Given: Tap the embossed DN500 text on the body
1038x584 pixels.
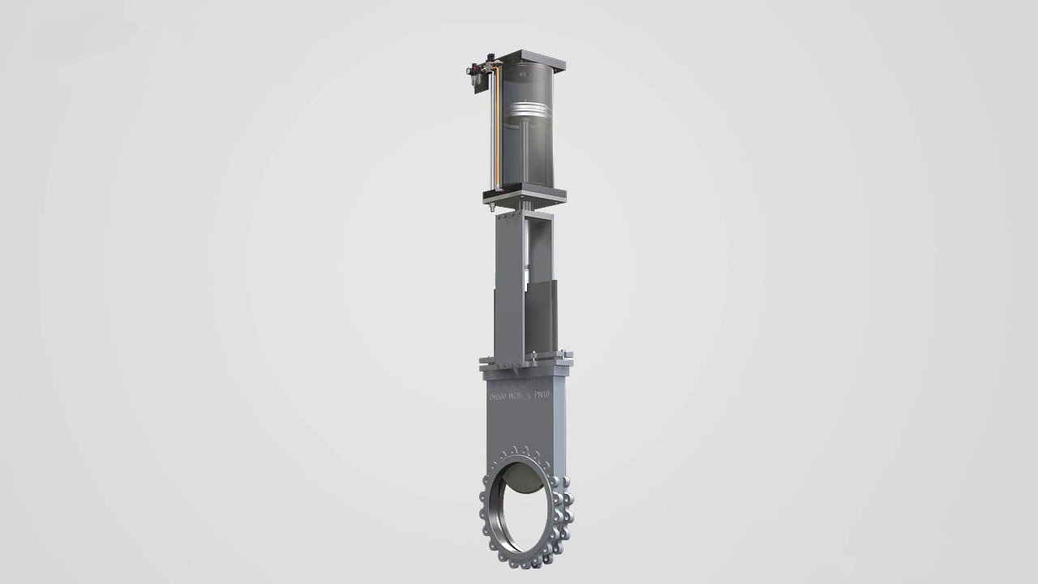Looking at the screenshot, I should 496,397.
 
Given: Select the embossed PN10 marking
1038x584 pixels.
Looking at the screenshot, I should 542,395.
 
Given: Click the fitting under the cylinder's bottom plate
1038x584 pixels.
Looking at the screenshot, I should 491,208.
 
